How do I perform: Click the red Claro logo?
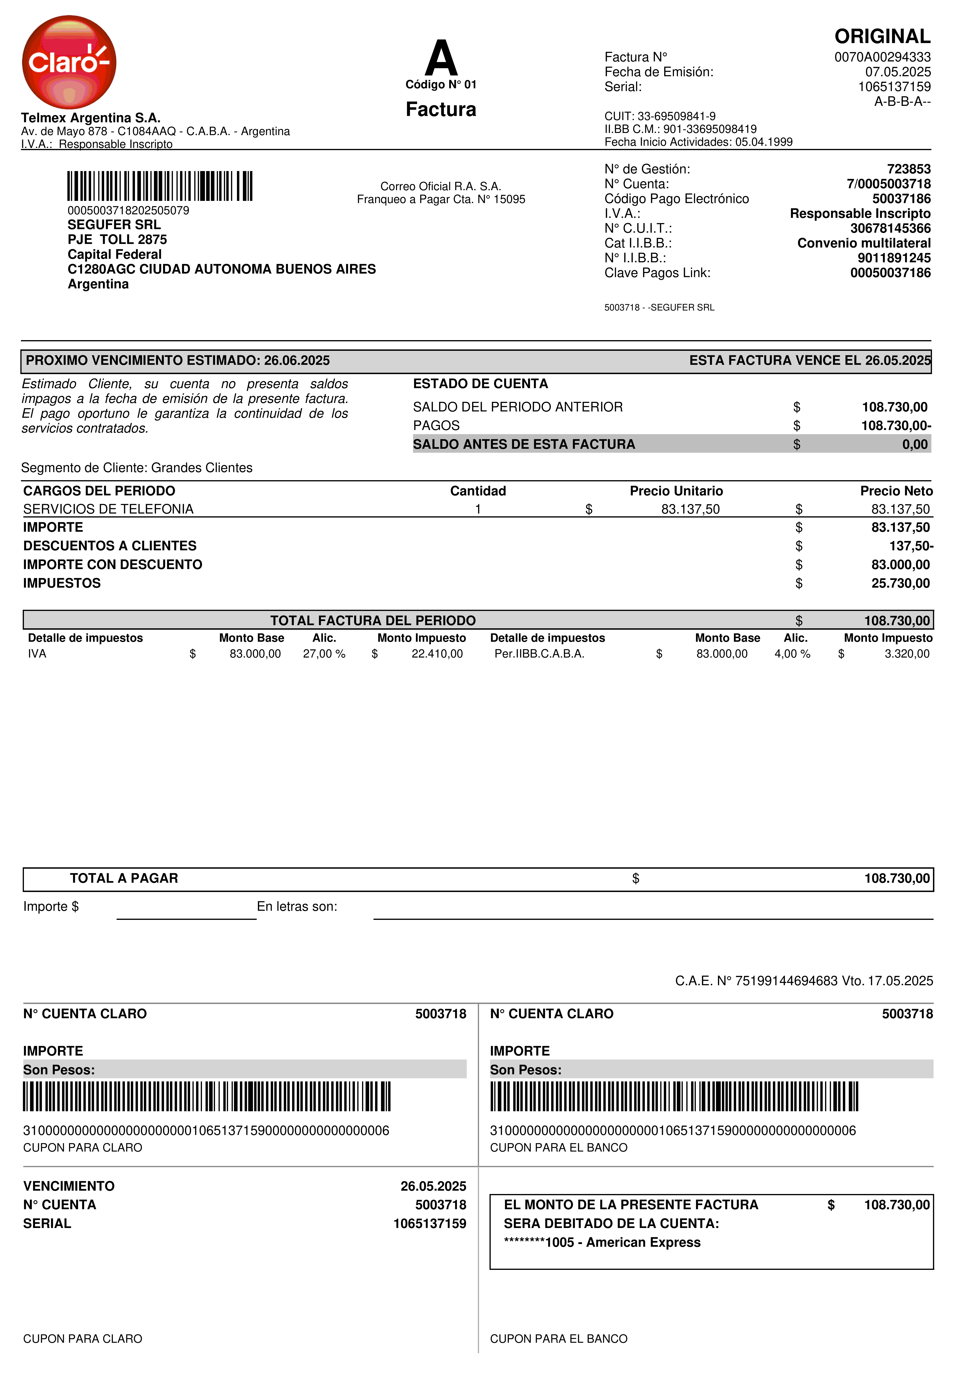click(x=69, y=62)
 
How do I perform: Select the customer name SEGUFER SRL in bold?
click(x=114, y=225)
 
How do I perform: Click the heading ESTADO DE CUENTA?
click(x=480, y=384)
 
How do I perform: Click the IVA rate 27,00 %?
click(x=324, y=654)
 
